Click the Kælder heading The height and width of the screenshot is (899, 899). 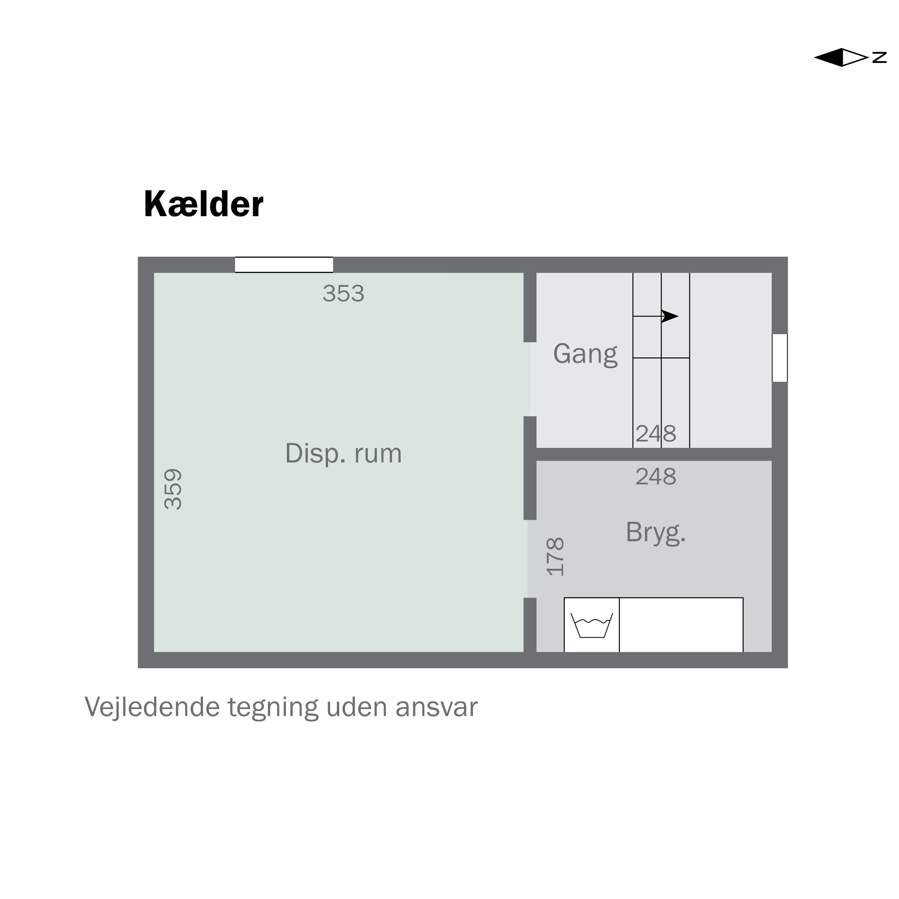point(203,205)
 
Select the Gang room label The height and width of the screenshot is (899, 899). point(585,354)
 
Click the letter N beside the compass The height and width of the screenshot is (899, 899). point(879,57)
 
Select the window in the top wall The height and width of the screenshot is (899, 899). point(284,265)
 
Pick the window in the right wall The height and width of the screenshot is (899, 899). point(779,358)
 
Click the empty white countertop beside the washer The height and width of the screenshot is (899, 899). point(681,625)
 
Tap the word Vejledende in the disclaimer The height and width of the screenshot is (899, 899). point(152,707)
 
